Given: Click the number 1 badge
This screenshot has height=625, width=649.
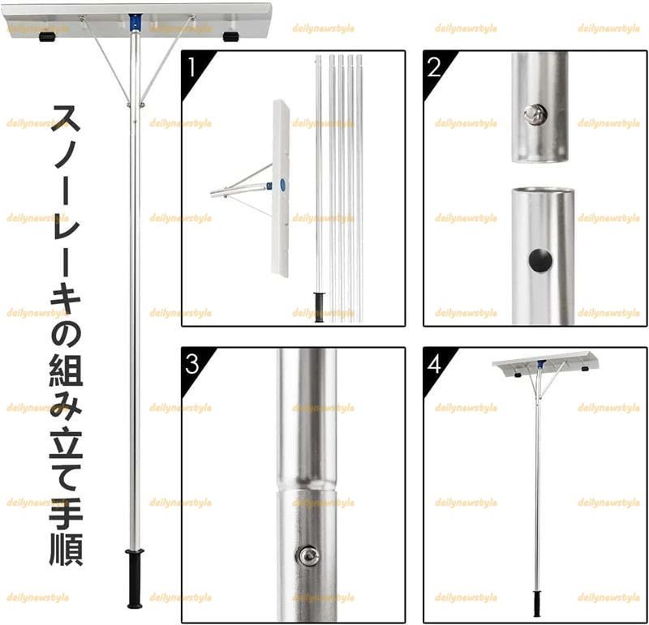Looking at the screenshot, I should tap(191, 66).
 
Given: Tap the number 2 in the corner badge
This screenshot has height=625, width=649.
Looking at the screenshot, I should tap(433, 66).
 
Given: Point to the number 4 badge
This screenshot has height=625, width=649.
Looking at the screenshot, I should tap(434, 362).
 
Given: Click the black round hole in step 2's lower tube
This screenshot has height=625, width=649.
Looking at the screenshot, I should tap(540, 260).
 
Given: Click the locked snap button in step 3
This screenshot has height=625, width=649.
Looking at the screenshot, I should tap(307, 554).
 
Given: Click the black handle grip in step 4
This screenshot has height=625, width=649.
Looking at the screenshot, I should tap(536, 603).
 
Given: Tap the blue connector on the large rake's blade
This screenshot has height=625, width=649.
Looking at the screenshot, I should tap(135, 19).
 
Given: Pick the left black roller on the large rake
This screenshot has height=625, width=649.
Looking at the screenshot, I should tap(47, 37).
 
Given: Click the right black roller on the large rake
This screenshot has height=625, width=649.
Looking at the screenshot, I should tap(231, 37).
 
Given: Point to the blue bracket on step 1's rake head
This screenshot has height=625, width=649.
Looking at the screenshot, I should tap(281, 184).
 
